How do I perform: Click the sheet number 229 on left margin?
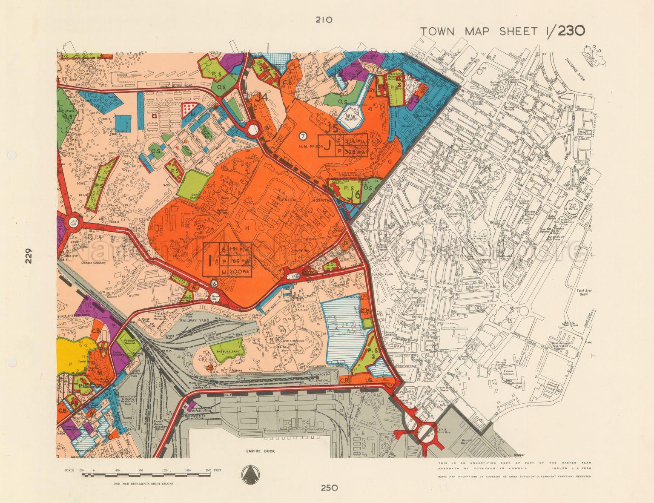click(x=28, y=256)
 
